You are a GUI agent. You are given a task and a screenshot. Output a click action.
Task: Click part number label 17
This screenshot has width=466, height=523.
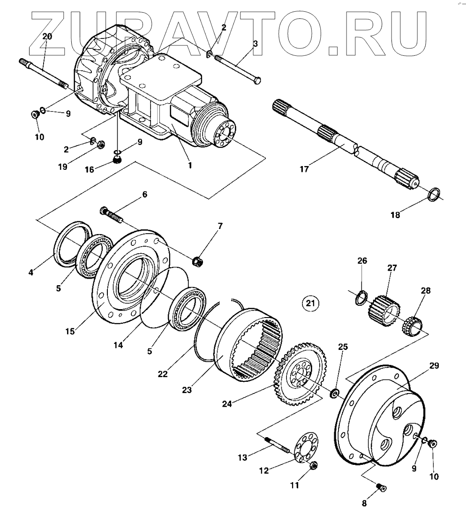click(x=304, y=169)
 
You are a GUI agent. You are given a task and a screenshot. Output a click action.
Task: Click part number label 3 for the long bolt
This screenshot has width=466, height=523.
click(x=255, y=44)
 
